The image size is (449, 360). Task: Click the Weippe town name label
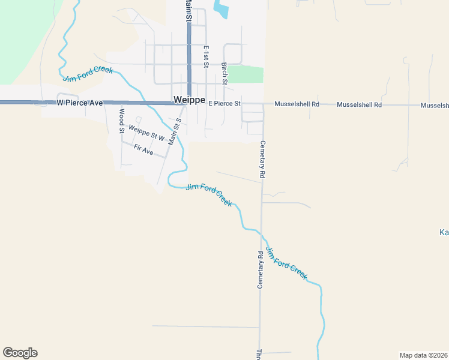point(189,100)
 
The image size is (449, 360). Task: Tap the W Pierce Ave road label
point(80,103)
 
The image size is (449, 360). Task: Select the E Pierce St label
point(224,104)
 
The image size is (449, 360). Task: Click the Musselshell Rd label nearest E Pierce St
point(297,104)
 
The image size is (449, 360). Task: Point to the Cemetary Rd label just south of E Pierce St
point(262,159)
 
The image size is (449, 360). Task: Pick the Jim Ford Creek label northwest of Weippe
point(88,74)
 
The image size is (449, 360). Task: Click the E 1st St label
point(205,56)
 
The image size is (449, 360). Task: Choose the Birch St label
point(224,73)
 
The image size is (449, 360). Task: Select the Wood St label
point(121,121)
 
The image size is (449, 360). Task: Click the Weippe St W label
point(146,133)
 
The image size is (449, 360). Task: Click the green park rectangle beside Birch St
point(246,74)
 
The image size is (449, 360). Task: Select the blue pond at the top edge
point(221,8)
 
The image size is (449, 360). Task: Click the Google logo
point(20,353)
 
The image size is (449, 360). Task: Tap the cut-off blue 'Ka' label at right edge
point(444,232)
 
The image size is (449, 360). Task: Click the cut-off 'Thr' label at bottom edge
point(259,354)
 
